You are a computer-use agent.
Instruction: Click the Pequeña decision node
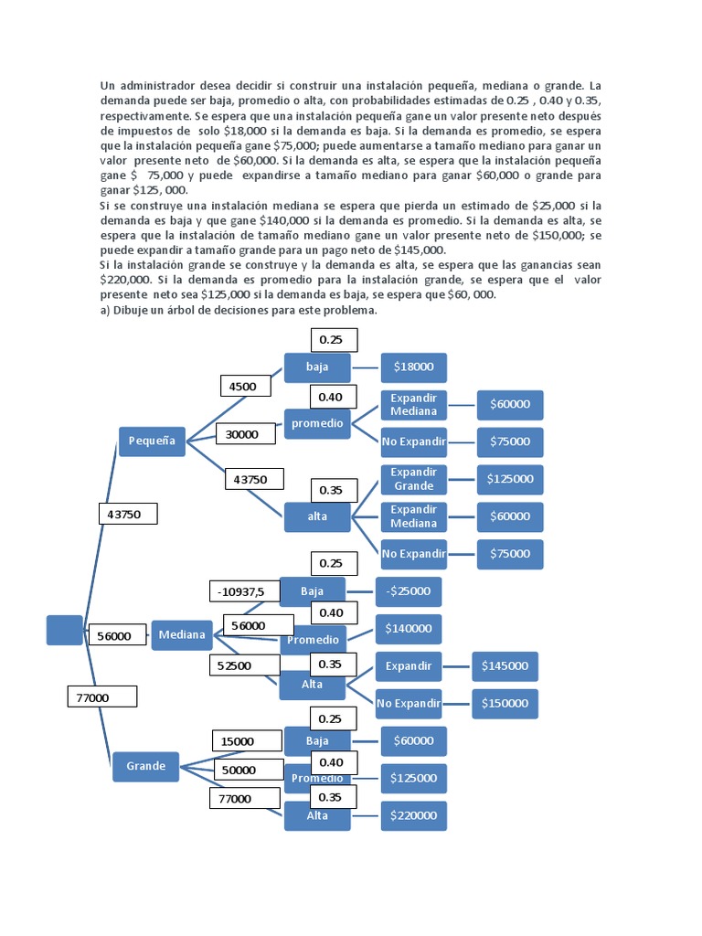tap(152, 441)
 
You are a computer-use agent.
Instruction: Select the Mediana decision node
tap(182, 634)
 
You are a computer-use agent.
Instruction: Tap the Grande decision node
tap(146, 766)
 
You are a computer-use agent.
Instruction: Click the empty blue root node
tap(64, 630)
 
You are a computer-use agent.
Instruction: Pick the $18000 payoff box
tap(414, 367)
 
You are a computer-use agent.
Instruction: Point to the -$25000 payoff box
tap(409, 591)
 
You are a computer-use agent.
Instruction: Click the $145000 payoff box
tap(505, 666)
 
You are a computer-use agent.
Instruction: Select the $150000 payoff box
tap(505, 703)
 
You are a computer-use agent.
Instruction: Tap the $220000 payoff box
tap(414, 815)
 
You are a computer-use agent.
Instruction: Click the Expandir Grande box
tap(413, 479)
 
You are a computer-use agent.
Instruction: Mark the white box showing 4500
tap(242, 387)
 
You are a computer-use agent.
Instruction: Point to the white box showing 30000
tap(242, 435)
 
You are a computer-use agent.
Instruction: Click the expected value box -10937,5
tap(241, 592)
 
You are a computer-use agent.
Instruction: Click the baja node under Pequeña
tap(317, 367)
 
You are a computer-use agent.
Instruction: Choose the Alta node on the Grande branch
tap(317, 815)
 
